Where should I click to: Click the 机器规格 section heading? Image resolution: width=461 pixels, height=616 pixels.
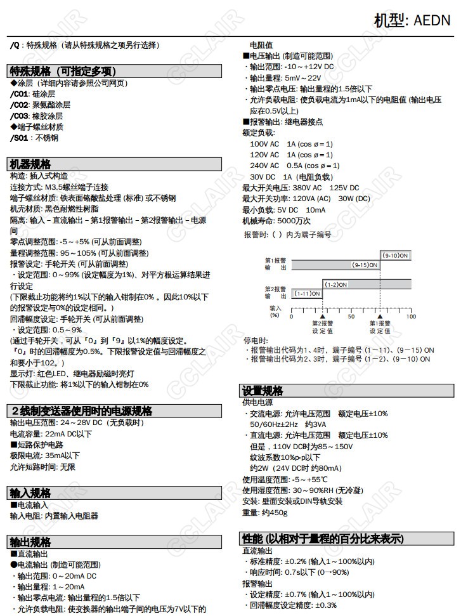(x=30, y=164)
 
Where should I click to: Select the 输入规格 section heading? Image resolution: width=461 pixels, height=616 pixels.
(x=30, y=493)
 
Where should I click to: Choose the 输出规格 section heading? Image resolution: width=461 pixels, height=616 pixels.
(x=30, y=542)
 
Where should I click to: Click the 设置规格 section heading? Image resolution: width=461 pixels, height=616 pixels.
(x=263, y=390)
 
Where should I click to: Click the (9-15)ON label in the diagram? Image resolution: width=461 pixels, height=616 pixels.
(x=365, y=265)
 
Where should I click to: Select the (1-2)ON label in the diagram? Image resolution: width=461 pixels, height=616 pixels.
(x=336, y=285)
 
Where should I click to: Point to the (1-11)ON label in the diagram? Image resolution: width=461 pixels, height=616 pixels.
(x=306, y=294)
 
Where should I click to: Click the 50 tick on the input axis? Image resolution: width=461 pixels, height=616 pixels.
(x=351, y=316)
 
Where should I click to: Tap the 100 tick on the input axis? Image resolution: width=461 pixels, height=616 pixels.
(x=411, y=316)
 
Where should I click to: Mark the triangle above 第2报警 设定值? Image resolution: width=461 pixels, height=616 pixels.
(x=322, y=315)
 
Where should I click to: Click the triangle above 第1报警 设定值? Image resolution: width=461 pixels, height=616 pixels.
(x=380, y=315)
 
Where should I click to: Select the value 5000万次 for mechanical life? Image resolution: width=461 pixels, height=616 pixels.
(x=294, y=221)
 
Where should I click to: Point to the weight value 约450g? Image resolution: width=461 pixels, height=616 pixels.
(x=274, y=513)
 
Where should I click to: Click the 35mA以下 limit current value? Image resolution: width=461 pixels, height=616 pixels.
(x=62, y=455)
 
